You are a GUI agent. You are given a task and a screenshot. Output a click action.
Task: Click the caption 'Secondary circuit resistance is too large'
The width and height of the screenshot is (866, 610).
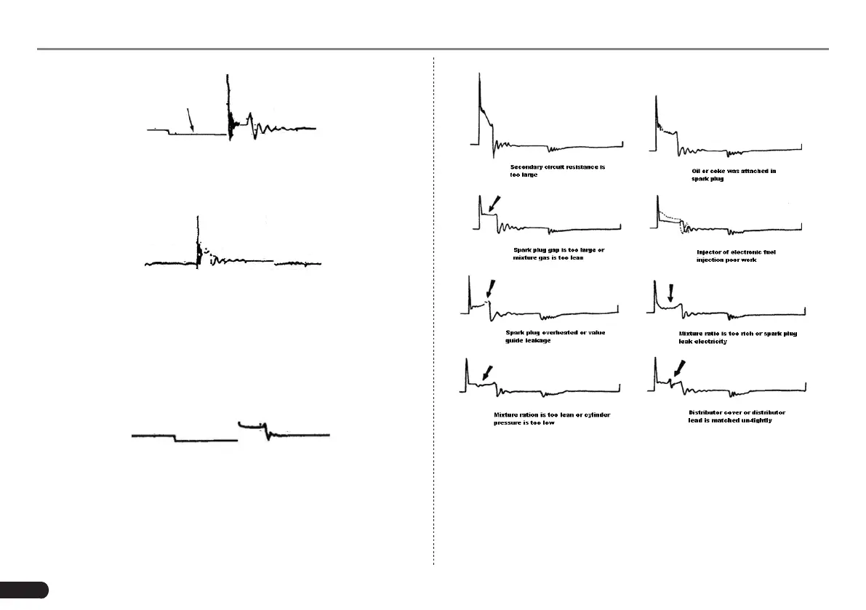click(x=558, y=171)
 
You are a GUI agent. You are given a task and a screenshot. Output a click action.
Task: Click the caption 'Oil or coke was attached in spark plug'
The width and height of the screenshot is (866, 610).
click(x=733, y=174)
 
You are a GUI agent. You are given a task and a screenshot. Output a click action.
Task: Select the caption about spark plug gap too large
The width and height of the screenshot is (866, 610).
click(x=558, y=254)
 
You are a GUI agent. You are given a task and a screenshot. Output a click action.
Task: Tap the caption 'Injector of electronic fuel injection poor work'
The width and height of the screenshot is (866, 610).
click(x=736, y=256)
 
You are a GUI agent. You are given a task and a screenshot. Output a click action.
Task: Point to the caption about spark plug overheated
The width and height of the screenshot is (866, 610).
click(x=556, y=336)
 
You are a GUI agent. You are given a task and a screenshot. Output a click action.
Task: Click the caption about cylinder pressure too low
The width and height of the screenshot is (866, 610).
click(x=552, y=418)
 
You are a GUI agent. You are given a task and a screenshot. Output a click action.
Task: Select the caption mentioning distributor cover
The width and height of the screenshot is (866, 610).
click(x=737, y=417)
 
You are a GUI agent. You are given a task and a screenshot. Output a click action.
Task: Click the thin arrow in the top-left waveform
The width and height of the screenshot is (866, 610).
click(x=191, y=119)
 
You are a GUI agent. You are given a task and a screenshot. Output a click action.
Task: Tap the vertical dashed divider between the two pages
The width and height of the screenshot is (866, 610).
click(x=434, y=313)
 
